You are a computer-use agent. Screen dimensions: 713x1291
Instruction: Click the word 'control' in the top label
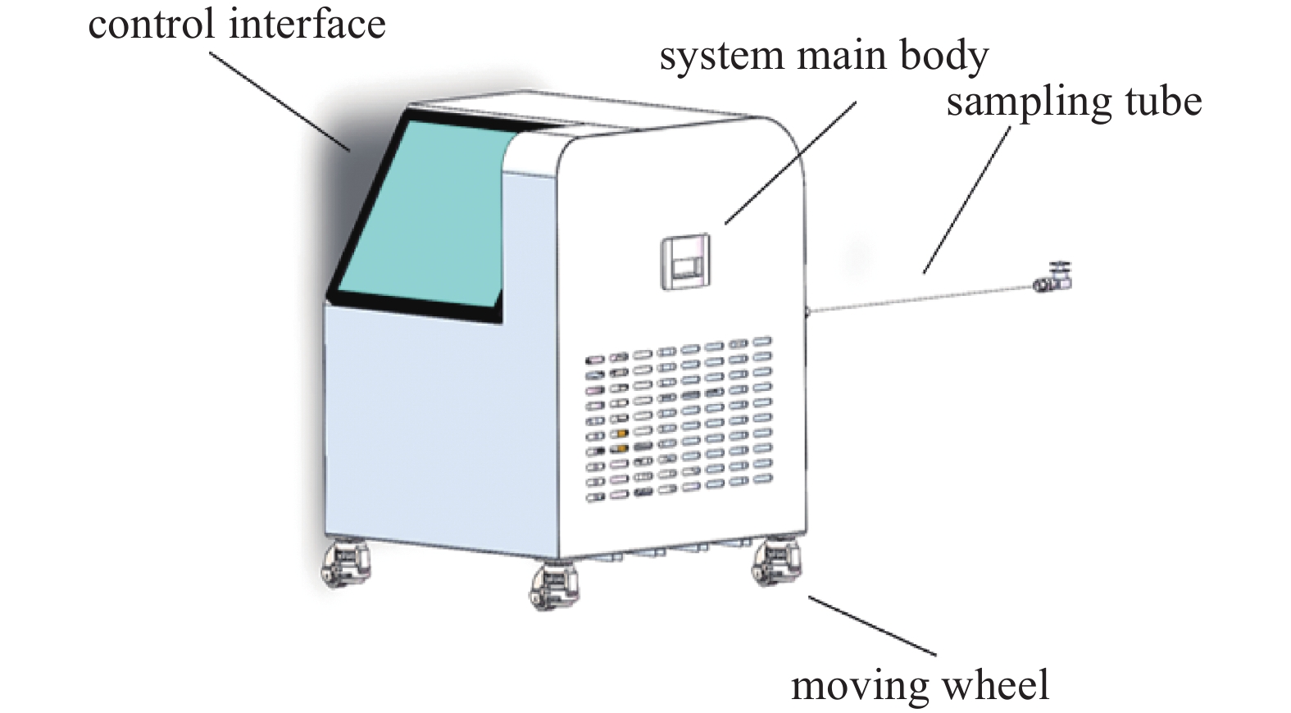point(152,25)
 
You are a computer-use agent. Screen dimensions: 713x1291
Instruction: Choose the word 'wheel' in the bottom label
point(996,684)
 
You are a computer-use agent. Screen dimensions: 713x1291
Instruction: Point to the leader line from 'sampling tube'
point(967,200)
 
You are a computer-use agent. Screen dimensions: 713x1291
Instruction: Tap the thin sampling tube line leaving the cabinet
point(918,297)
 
